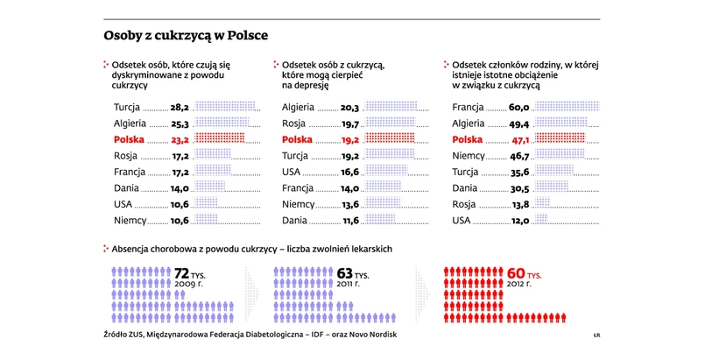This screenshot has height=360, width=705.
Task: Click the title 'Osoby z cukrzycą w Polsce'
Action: (186, 37)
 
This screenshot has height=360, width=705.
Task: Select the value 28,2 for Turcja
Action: (180, 107)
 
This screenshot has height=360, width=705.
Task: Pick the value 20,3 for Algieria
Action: (350, 107)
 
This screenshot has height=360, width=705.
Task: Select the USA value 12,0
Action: (520, 221)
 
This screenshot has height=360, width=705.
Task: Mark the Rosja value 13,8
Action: (520, 204)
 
